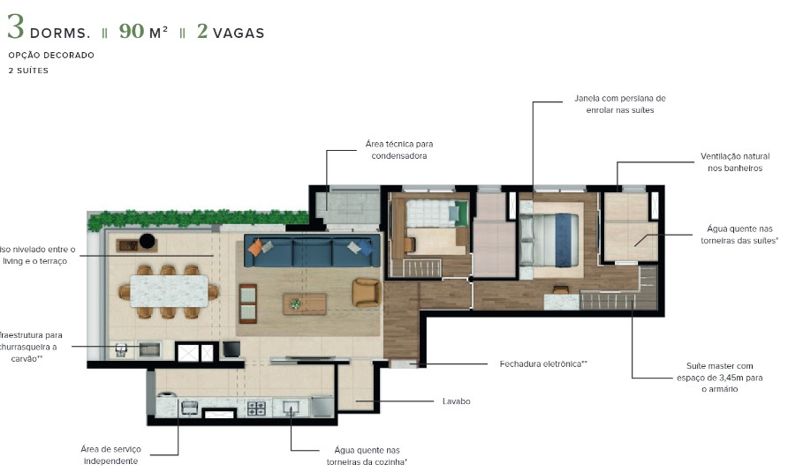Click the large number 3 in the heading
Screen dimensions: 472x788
(15, 28)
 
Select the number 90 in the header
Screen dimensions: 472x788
(132, 32)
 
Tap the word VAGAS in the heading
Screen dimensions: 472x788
(238, 34)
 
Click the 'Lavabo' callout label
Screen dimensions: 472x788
(456, 401)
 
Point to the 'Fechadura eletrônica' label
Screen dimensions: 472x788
(543, 363)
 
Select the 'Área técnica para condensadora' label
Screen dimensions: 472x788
(398, 149)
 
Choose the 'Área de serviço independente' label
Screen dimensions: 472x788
(110, 454)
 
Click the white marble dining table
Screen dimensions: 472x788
(169, 290)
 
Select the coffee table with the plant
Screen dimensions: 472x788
(304, 303)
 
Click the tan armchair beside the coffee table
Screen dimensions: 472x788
(365, 292)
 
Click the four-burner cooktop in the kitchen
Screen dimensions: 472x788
(256, 408)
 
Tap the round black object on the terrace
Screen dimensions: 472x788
(148, 241)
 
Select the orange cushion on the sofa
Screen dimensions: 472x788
(255, 249)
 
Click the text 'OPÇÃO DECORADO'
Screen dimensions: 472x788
(50, 56)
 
